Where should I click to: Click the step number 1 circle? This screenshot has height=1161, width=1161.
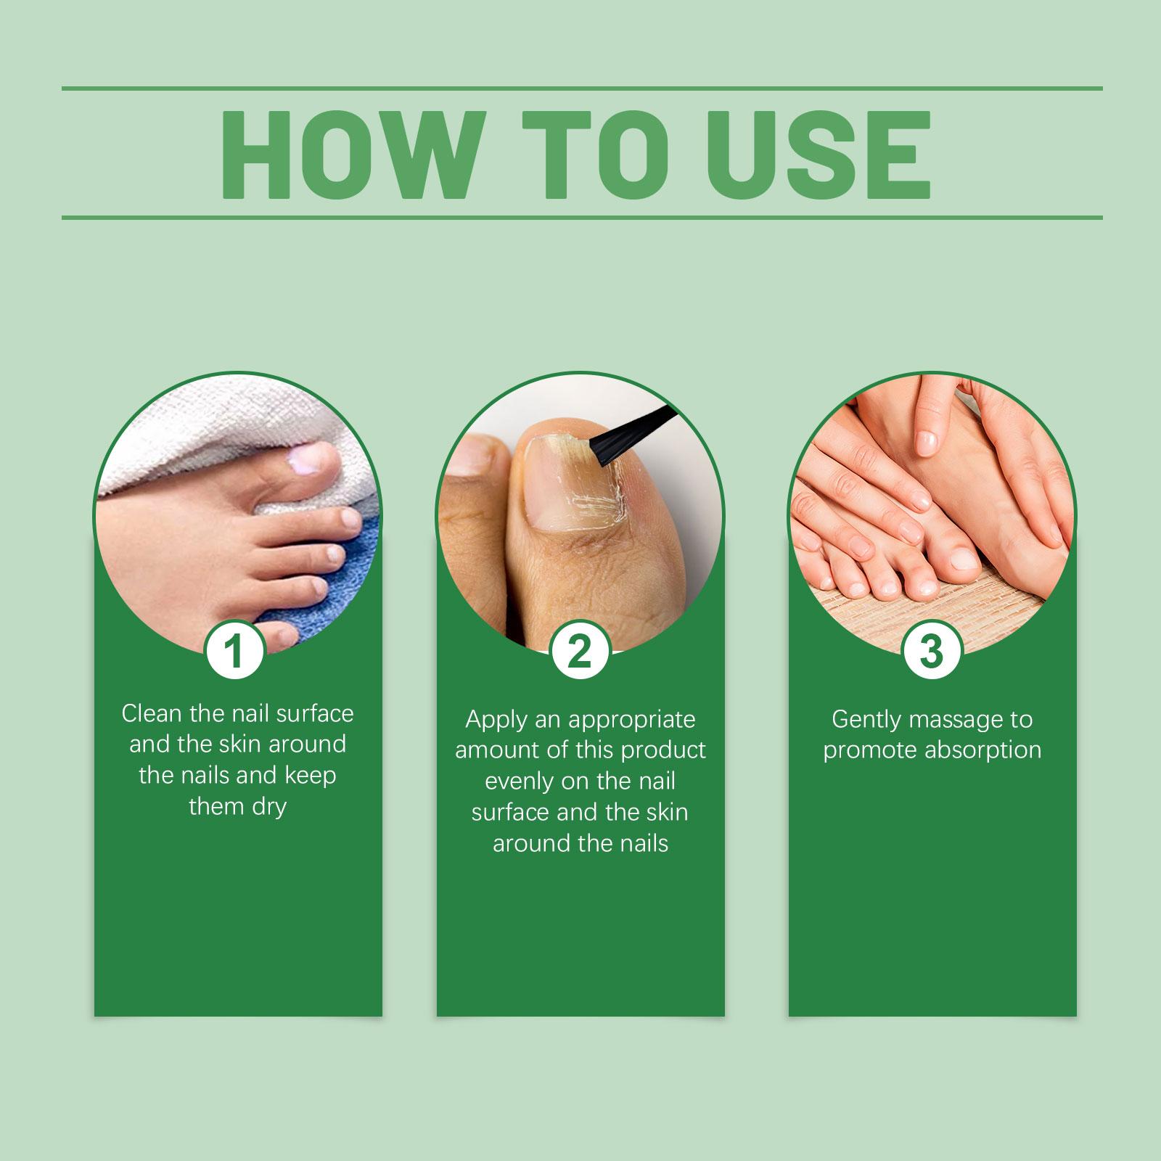234,650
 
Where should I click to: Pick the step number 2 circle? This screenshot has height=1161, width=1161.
579,650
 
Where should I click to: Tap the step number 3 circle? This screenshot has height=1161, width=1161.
932,650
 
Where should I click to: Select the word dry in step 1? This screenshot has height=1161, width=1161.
268,807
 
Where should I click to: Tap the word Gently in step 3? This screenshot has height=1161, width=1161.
866,721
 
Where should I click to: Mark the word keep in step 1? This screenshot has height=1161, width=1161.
310,776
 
